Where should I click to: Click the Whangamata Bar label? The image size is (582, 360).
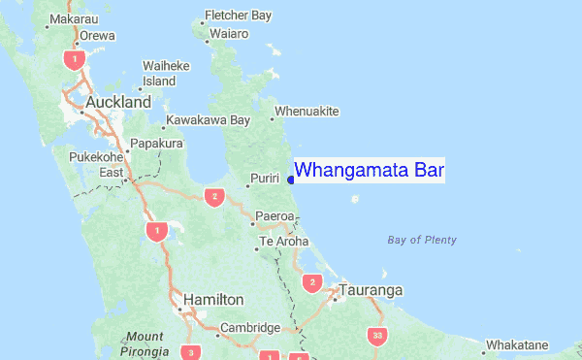point(369,171)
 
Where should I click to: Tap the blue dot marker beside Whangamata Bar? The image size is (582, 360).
point(291,178)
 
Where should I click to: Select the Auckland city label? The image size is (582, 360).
point(118,102)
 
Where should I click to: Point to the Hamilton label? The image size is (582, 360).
point(213,300)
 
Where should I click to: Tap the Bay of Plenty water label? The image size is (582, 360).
point(421,240)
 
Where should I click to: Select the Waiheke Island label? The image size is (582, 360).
point(166,73)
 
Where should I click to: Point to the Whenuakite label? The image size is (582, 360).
point(307,112)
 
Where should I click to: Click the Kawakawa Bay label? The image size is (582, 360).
point(208,120)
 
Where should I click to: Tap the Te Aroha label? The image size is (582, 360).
point(283,241)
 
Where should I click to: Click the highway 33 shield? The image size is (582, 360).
point(376,336)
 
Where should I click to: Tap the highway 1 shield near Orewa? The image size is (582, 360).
point(71,59)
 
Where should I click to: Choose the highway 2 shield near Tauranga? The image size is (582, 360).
point(311,282)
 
